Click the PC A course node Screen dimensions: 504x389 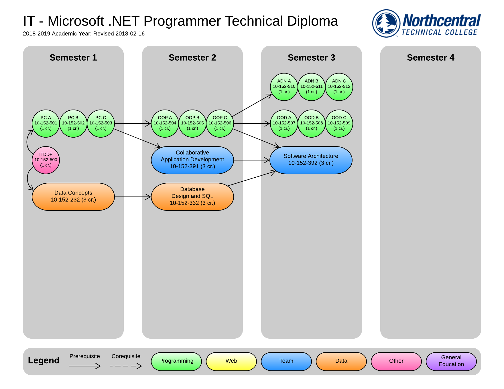(46, 124)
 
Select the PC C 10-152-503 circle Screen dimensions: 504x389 (101, 124)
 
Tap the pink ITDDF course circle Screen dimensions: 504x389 (46, 160)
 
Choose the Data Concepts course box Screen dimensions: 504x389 (73, 197)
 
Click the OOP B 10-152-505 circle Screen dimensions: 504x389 (192, 124)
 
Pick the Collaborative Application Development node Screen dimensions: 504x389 (192, 160)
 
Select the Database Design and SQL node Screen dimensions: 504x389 (192, 197)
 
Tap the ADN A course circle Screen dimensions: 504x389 (284, 87)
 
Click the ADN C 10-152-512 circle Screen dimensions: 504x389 (339, 87)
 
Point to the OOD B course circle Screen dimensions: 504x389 (312, 124)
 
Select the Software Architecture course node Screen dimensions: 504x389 (311, 160)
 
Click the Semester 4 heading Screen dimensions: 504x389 (431, 57)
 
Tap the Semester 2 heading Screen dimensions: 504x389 (192, 57)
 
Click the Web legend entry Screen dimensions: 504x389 (231, 362)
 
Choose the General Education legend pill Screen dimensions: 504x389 (451, 362)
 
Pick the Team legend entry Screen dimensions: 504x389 (286, 362)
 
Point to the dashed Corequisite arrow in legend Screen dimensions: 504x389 (126, 366)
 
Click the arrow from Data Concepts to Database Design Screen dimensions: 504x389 (133, 197)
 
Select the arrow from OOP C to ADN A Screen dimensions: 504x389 (252, 105)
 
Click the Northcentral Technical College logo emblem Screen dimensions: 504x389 (386, 23)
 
